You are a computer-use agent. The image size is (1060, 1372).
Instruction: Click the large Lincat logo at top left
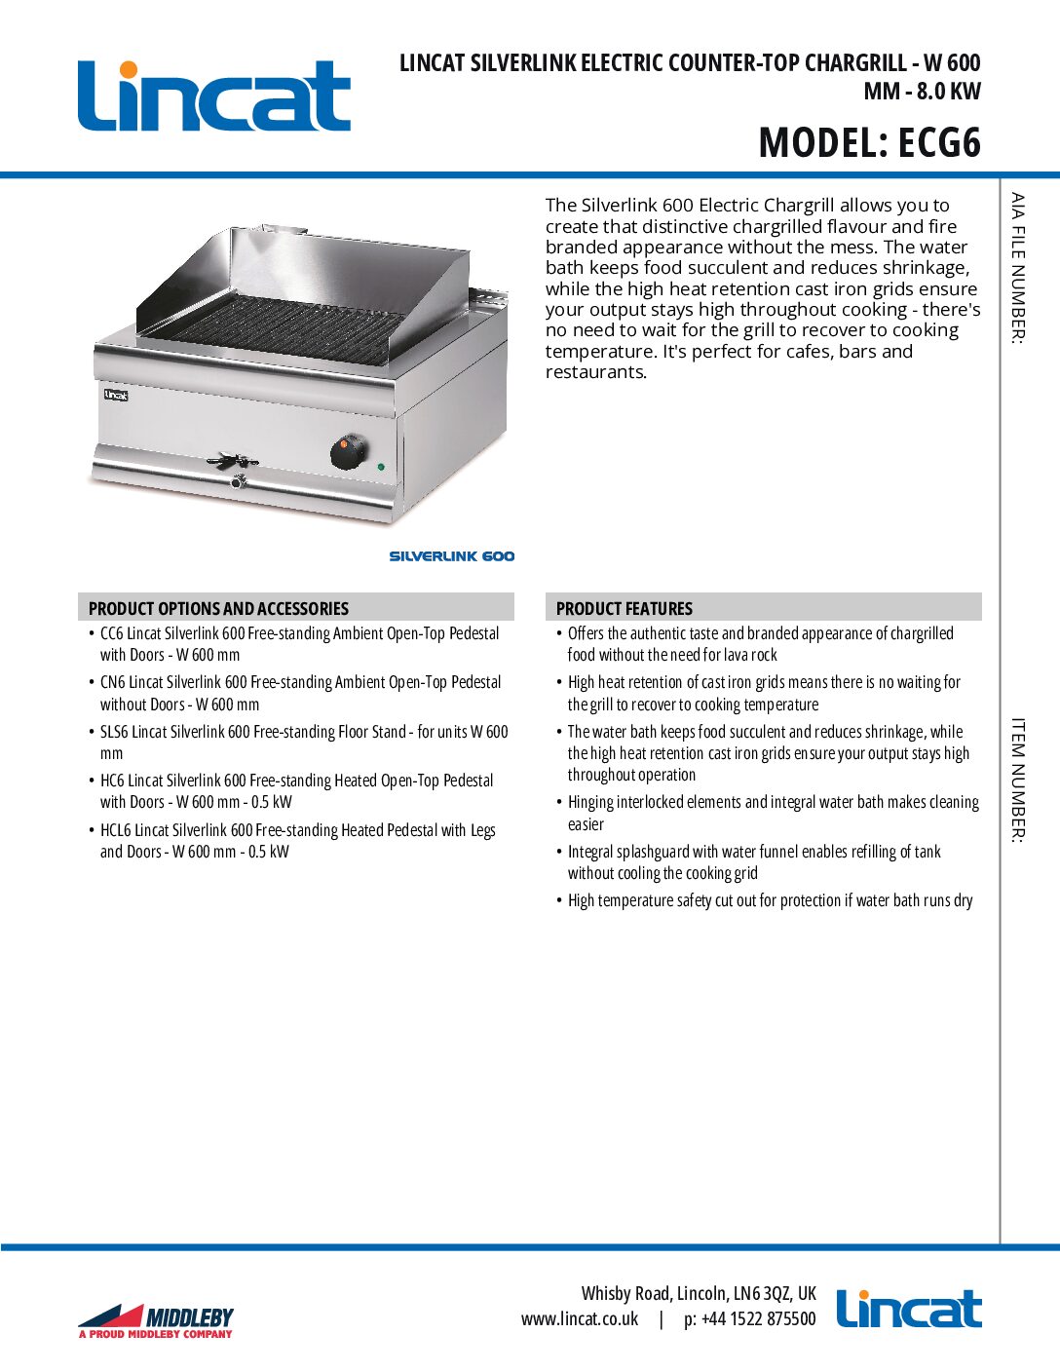[x=213, y=95]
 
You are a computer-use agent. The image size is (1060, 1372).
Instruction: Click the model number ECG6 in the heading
[x=938, y=143]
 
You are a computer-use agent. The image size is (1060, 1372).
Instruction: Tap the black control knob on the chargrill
[x=347, y=451]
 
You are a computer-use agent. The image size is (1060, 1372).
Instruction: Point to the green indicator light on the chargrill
[x=381, y=467]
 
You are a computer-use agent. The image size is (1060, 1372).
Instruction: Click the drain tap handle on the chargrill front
[x=231, y=461]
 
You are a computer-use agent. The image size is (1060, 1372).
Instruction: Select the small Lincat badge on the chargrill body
[x=116, y=395]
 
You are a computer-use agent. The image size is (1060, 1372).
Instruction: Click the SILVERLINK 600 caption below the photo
[x=451, y=556]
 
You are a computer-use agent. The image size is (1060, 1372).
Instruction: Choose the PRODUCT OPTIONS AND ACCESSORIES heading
[x=218, y=608]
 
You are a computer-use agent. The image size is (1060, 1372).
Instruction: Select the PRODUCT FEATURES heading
[x=624, y=608]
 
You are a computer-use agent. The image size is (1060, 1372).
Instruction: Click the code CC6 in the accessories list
[x=112, y=633]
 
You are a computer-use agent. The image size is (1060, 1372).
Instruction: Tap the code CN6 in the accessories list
[x=113, y=682]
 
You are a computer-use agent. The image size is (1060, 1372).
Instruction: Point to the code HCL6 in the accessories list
[x=115, y=830]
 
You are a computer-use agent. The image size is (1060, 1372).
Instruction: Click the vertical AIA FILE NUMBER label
[x=1017, y=267]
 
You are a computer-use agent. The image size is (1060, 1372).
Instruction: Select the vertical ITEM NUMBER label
[x=1017, y=780]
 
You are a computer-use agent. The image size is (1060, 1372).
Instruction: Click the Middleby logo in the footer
[x=156, y=1321]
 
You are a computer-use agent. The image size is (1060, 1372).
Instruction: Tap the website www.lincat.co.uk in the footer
[x=580, y=1319]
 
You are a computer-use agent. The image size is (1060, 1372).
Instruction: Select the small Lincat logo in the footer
[x=908, y=1309]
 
